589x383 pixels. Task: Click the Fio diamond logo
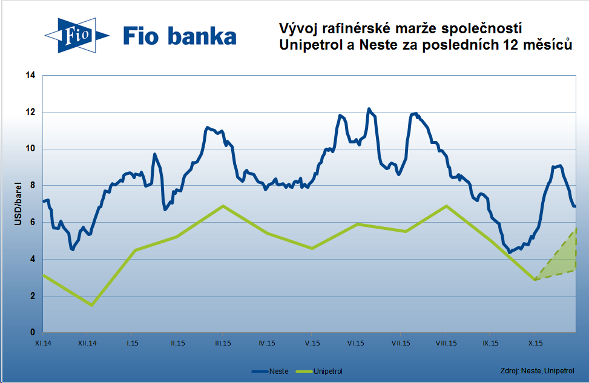[x=75, y=36]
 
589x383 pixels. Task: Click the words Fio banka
[x=180, y=36]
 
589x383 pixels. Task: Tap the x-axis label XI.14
[x=43, y=343]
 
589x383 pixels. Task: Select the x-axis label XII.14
[x=88, y=343]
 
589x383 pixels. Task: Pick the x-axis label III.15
[x=222, y=343]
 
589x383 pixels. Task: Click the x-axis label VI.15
[x=355, y=343]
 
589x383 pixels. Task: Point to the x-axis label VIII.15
[x=446, y=343]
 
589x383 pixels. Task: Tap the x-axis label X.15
[x=535, y=343]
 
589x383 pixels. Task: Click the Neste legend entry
[x=270, y=371]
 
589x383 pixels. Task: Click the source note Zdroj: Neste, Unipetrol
[x=537, y=370]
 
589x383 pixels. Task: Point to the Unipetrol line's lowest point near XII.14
[x=91, y=305]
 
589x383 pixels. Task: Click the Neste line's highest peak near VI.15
[x=369, y=110]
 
